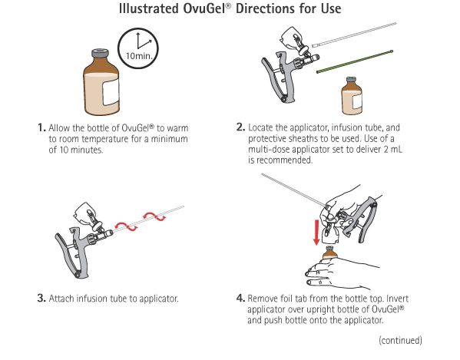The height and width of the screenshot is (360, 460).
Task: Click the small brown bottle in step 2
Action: pyautogui.click(x=351, y=98)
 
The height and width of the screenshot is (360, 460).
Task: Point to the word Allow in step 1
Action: pyautogui.click(x=61, y=129)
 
